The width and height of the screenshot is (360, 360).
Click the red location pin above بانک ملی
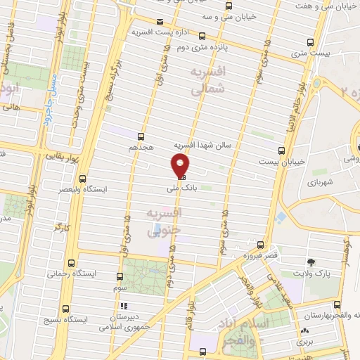(x=180, y=165)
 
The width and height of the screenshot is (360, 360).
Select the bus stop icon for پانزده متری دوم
(x=202, y=36)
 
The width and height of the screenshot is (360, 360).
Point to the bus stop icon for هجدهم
(x=141, y=136)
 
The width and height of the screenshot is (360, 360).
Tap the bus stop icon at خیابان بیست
(x=281, y=150)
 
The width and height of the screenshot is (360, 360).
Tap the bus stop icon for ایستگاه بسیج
(x=65, y=308)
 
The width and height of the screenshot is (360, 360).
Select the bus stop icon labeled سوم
(x=119, y=276)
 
